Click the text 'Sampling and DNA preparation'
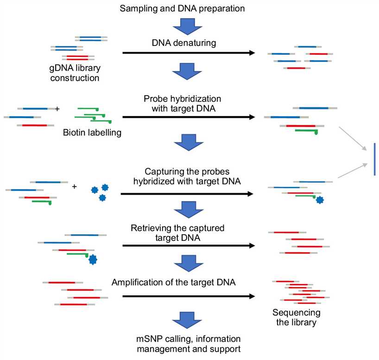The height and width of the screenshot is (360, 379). (x=189, y=8)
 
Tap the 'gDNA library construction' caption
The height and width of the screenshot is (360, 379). (x=81, y=73)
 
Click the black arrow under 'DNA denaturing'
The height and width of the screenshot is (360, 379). (x=189, y=53)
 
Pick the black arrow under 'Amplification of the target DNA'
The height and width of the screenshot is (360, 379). (x=189, y=296)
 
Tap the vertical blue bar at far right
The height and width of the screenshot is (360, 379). (x=374, y=159)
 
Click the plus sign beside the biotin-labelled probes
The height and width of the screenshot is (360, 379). (x=57, y=109)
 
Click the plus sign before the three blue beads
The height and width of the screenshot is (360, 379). (x=75, y=187)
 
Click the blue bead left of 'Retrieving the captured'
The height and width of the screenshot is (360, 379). (x=93, y=259)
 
